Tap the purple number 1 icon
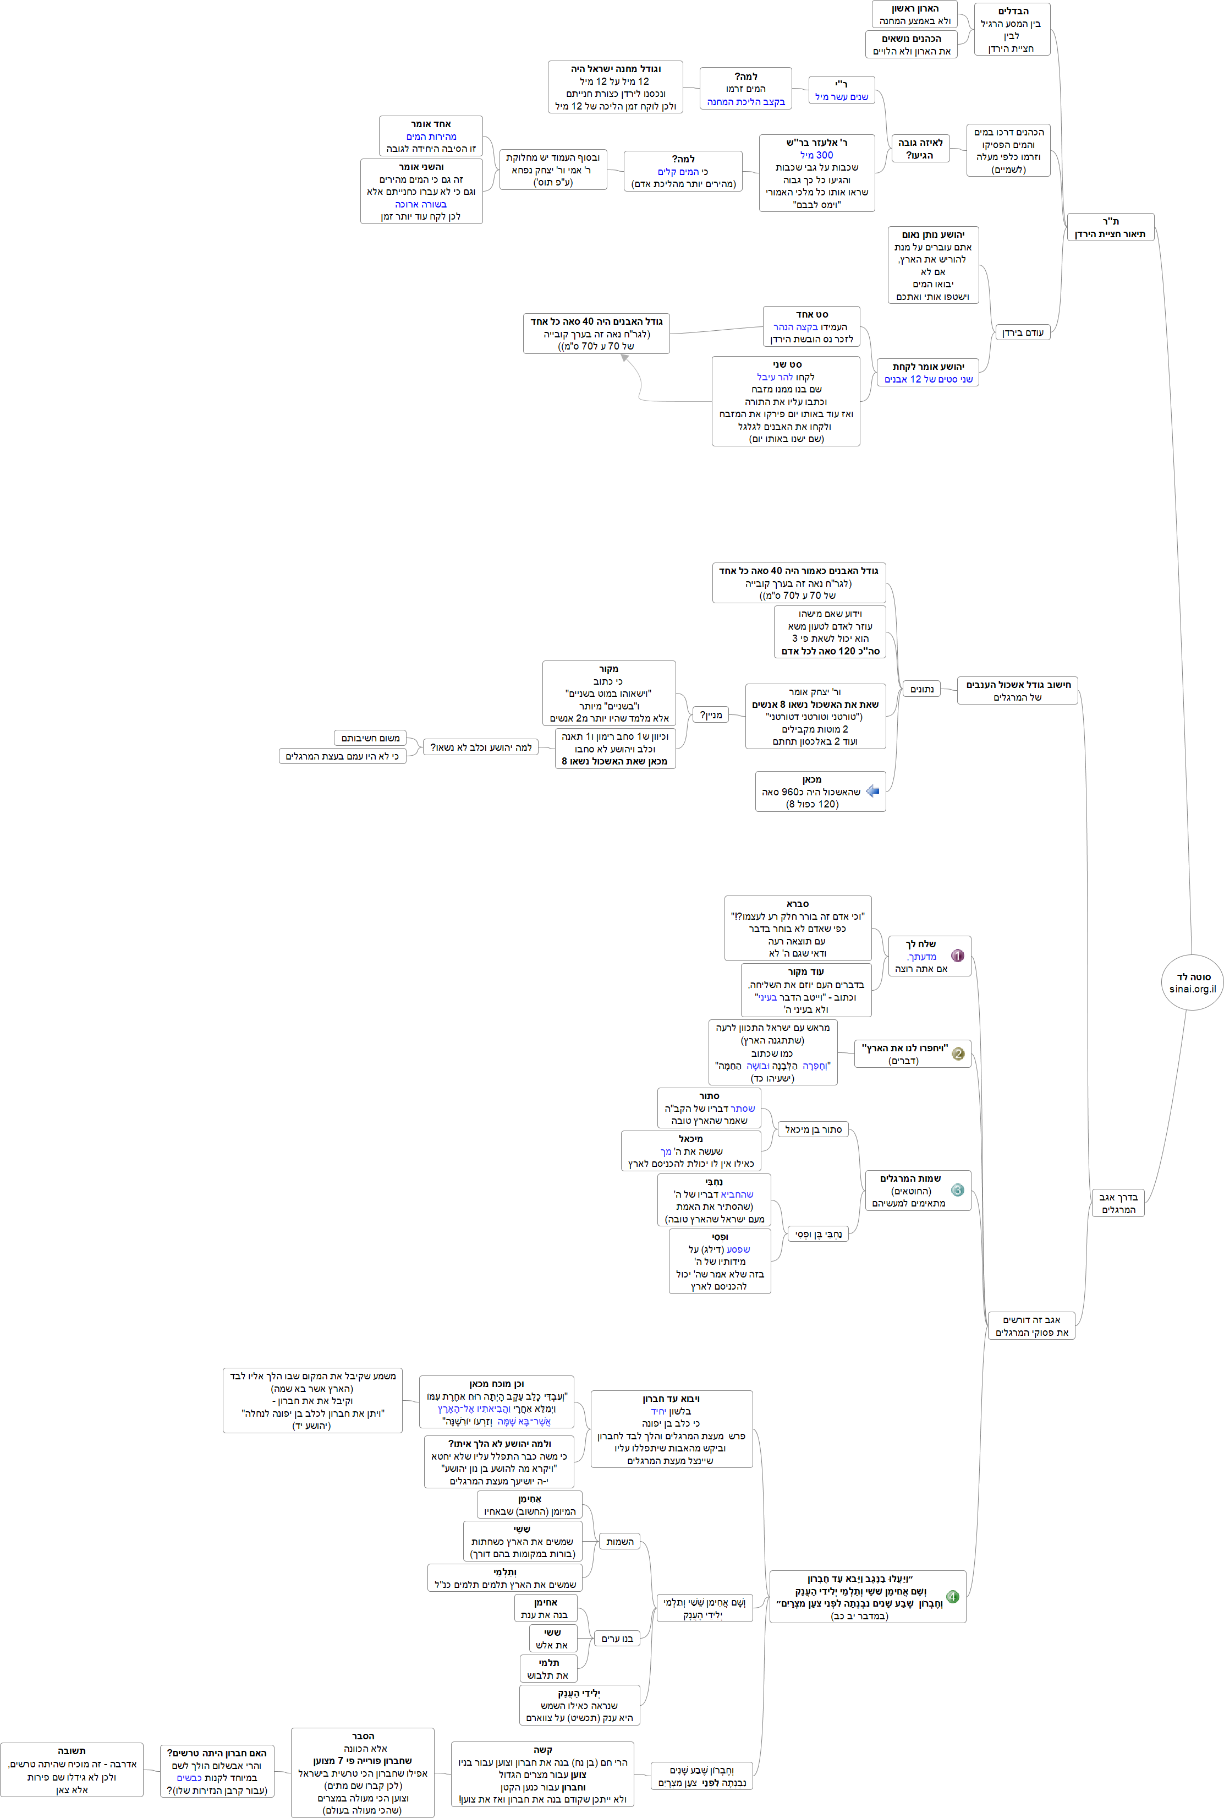click(958, 955)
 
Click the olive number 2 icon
click(959, 1053)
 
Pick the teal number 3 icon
click(958, 1190)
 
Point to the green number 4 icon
click(952, 1596)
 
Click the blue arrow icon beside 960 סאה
click(872, 791)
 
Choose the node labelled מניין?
click(710, 714)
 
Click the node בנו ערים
click(617, 1637)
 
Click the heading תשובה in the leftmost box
click(72, 1751)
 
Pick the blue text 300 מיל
click(816, 155)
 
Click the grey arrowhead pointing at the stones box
click(624, 358)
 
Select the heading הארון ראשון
click(915, 9)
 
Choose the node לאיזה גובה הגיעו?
click(920, 149)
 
